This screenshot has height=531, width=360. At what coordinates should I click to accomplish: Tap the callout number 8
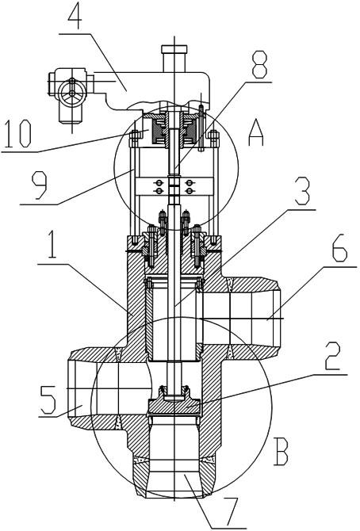[259, 64]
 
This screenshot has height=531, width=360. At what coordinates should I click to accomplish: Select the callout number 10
[16, 134]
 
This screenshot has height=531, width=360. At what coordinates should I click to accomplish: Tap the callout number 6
[339, 250]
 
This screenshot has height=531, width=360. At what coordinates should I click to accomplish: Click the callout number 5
[48, 400]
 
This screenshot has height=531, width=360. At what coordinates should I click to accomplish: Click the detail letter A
[256, 133]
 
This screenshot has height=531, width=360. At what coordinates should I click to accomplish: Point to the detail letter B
[281, 452]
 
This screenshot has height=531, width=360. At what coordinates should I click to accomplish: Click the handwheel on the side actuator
[71, 91]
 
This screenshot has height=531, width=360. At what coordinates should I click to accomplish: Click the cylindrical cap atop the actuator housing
[174, 58]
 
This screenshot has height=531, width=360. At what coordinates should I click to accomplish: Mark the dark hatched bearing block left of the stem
[159, 132]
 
